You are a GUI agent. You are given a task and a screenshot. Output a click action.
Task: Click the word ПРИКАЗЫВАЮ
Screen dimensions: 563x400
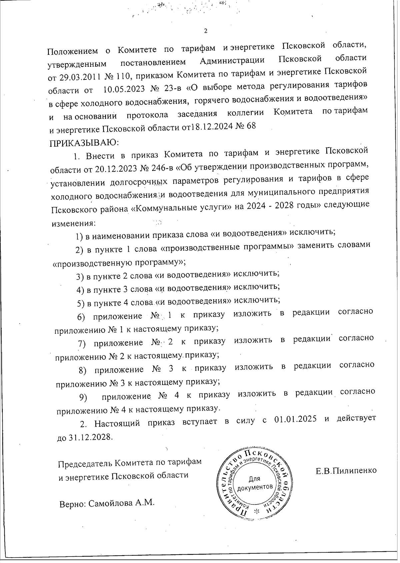tap(84, 143)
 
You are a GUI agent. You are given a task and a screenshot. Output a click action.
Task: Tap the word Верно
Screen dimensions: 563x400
tap(72, 503)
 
